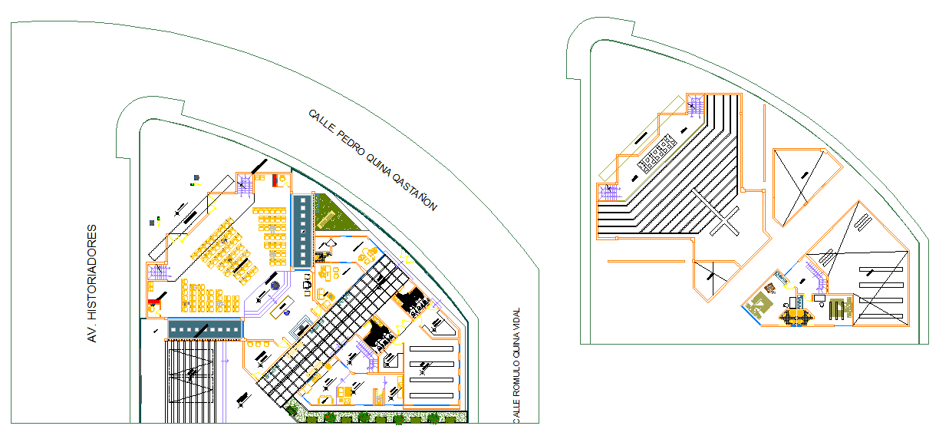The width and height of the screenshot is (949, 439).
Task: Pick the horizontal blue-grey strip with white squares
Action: point(205,328)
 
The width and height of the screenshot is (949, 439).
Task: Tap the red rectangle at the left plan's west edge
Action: point(155,302)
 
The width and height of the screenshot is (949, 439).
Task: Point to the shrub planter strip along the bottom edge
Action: point(380,418)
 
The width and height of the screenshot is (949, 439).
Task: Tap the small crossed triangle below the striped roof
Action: point(713,275)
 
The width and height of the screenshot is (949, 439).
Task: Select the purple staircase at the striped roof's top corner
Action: point(697,104)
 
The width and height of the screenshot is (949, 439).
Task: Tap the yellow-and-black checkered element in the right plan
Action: point(796,314)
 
